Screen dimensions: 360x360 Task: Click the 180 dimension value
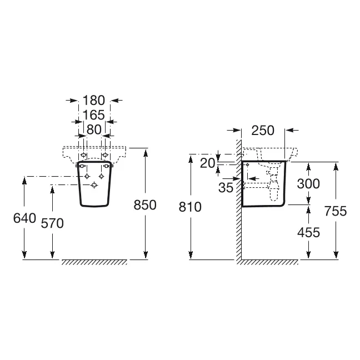pos(94,101)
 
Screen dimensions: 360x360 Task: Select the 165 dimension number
pos(94,115)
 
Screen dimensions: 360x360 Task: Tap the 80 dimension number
pos(94,129)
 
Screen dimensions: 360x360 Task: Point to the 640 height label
pos(24,218)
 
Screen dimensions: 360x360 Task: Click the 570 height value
pos(52,223)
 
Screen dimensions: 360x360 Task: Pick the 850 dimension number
pos(145,205)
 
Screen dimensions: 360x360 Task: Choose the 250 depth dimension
pos(263,131)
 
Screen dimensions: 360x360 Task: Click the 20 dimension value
pos(208,163)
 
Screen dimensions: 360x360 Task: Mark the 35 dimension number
pos(226,188)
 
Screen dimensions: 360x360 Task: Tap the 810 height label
pos(190,207)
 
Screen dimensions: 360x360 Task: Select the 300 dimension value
pos(308,184)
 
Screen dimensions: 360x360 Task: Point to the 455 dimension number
pos(308,232)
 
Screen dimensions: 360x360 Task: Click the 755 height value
pos(336,211)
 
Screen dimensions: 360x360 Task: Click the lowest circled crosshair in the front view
pos(94,185)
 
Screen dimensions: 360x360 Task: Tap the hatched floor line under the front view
pos(94,262)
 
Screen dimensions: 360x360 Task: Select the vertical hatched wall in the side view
pos(239,202)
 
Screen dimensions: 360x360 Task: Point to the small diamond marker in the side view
pos(248,164)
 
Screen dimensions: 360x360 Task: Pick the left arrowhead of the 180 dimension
pos(73,101)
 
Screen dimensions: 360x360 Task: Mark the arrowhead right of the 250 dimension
pos(290,130)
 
